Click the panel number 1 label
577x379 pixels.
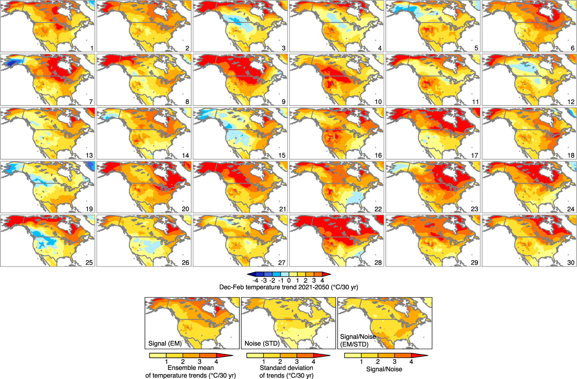tap(92, 48)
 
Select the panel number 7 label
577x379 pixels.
tap(91, 102)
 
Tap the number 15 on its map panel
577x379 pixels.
tap(282, 155)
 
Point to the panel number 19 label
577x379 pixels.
tap(89, 209)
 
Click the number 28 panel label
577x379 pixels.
tap(378, 263)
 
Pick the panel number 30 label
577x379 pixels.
tap(571, 263)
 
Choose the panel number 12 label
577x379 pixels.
tap(571, 102)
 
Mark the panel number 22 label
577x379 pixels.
tap(378, 209)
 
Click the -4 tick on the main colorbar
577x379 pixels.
tap(255, 281)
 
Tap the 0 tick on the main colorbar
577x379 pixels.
tap(289, 281)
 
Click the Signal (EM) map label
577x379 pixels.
tap(165, 344)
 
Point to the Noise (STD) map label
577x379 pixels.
tap(262, 344)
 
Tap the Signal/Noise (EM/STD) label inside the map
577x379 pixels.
tap(358, 341)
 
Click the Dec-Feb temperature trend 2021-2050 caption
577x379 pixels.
tap(288, 287)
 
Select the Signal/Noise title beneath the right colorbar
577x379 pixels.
tap(384, 369)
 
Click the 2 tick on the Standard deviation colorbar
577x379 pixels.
tap(280, 362)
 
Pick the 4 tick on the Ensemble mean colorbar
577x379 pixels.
tap(216, 362)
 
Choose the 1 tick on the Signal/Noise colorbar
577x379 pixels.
tap(361, 362)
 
